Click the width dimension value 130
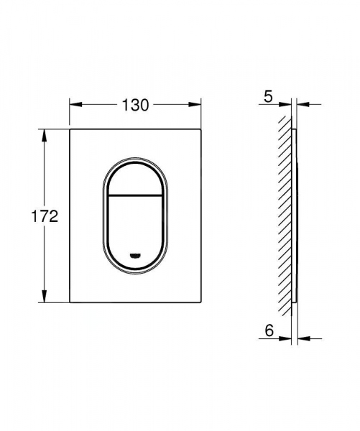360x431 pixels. point(134,106)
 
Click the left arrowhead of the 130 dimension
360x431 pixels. point(73,106)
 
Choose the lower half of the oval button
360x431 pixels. point(134,226)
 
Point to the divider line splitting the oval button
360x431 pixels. point(134,195)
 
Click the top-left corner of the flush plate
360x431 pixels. point(70,130)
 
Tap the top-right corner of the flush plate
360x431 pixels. point(199,130)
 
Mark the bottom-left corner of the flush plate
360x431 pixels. point(70,302)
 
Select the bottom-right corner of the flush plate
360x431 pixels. point(199,302)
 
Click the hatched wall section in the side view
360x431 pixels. point(287,215)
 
